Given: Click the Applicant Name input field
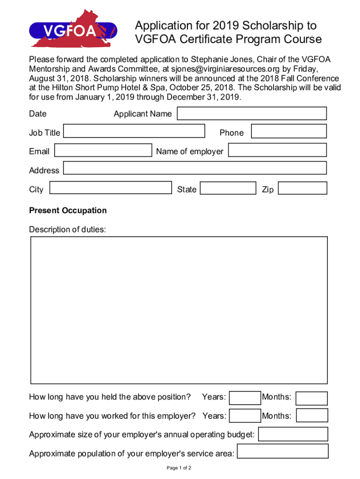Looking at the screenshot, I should tap(252, 114).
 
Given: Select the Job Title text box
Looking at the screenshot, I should tap(134, 131).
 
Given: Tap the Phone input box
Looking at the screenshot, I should tap(288, 131).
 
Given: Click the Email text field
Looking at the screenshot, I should tap(103, 150).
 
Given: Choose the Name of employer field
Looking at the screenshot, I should tap(277, 150).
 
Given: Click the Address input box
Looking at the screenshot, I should tap(194, 168).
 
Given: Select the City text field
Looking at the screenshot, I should tap(110, 188).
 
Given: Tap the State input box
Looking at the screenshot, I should tap(228, 188).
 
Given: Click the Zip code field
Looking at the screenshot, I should tap(302, 188).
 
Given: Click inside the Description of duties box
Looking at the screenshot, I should tap(179, 310).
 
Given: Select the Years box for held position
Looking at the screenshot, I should tap(245, 398).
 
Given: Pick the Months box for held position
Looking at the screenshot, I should tap(312, 398).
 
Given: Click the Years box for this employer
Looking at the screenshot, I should tap(245, 415).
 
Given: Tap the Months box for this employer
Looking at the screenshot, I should tap(312, 415).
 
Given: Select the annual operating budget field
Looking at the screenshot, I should tap(293, 434).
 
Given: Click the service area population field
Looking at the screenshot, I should tap(283, 452).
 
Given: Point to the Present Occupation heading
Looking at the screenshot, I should tap(68, 210).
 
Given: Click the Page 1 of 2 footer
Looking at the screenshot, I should tap(179, 468).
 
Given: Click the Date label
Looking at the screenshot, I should tap(38, 114).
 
